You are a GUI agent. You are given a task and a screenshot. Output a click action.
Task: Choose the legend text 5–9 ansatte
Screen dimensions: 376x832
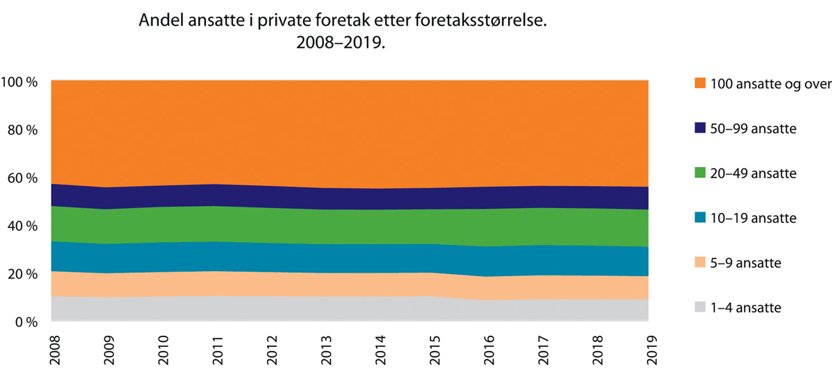(x=741, y=264)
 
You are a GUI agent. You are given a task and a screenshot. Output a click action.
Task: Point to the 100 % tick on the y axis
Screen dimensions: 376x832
(x=21, y=82)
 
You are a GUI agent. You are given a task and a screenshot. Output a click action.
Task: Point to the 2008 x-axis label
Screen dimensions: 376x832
(x=52, y=350)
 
